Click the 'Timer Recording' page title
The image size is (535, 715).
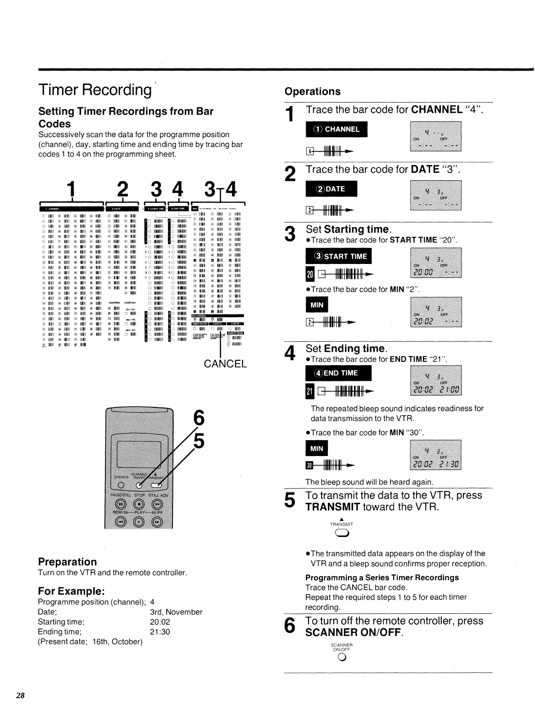click(95, 90)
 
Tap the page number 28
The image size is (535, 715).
click(20, 696)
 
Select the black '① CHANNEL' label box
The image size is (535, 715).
click(336, 130)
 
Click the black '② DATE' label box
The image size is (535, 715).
click(331, 189)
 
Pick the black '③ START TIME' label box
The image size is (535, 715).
click(338, 256)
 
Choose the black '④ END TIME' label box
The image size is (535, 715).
click(338, 373)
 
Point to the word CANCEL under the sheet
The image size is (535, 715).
click(225, 363)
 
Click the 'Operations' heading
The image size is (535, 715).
click(313, 91)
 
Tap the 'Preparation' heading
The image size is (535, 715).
click(68, 562)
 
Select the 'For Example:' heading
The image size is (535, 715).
click(71, 591)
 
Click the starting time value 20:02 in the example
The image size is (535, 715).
click(160, 622)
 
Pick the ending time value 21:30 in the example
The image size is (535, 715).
click(160, 632)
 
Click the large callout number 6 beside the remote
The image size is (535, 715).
click(199, 418)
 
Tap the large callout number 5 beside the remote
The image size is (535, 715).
click(199, 441)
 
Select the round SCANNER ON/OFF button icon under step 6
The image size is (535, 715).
click(342, 658)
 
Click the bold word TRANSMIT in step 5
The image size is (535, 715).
click(333, 507)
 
